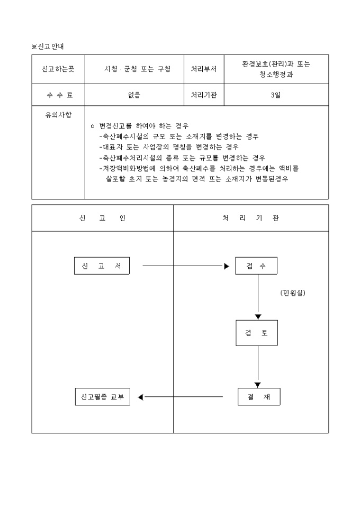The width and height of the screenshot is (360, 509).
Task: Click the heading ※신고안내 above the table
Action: [x=48, y=47]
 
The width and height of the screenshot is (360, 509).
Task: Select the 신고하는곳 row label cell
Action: [x=58, y=69]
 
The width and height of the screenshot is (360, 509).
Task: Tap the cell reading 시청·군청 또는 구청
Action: [x=137, y=69]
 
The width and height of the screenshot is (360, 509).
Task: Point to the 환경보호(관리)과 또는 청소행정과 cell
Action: [x=276, y=69]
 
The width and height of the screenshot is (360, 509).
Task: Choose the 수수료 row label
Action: [x=58, y=95]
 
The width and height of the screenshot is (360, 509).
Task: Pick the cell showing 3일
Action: [x=276, y=95]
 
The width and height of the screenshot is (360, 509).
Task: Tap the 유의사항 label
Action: [x=58, y=114]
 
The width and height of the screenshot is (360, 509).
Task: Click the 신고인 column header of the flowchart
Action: [x=102, y=218]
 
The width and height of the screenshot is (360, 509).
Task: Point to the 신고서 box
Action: [x=102, y=266]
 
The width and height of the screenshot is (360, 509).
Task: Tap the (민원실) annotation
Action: [x=293, y=293]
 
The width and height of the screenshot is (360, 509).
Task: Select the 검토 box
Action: [x=257, y=333]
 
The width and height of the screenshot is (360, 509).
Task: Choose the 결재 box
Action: [x=258, y=397]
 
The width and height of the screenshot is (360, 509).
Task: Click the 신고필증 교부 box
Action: [x=102, y=397]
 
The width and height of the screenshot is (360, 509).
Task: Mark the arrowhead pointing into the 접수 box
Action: [x=227, y=266]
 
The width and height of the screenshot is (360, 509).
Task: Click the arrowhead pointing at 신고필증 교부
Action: [x=141, y=397]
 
